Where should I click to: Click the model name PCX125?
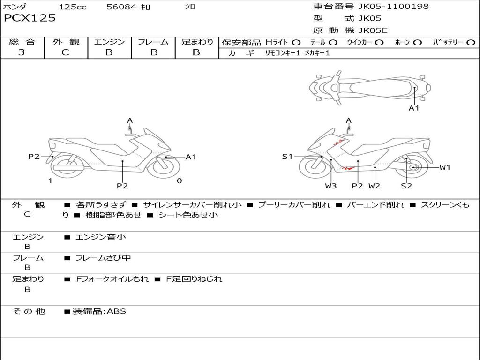point(30,18)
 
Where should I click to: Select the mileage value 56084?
point(121,7)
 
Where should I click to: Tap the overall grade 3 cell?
point(22,52)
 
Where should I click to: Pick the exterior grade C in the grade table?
point(66,52)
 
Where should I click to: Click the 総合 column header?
point(22,42)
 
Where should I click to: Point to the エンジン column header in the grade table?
point(109,42)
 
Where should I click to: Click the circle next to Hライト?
point(296,43)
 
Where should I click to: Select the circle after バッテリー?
point(471,43)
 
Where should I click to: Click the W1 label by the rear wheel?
point(444,167)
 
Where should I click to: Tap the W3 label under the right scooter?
point(331,186)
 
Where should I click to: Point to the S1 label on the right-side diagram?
point(287,157)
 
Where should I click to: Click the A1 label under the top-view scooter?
point(414,108)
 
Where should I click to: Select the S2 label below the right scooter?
point(406,186)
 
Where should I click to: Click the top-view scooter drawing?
point(369,87)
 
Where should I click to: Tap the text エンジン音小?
point(101,237)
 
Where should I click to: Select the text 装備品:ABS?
point(99,311)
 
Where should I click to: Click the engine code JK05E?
point(373,31)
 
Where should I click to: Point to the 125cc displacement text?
point(73,7)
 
